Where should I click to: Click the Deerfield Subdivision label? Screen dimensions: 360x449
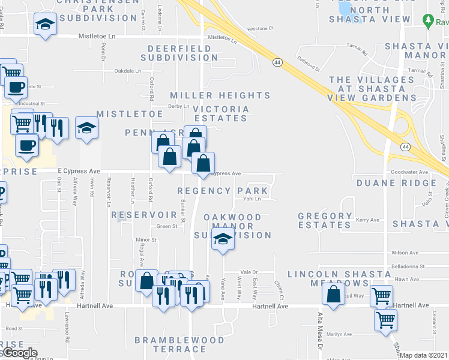click(x=179, y=52)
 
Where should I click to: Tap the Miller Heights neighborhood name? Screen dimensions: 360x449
click(x=220, y=95)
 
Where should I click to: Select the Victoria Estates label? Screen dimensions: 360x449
click(x=221, y=113)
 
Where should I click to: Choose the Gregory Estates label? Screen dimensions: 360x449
click(x=325, y=220)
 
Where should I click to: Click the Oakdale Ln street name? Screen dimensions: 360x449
click(x=127, y=70)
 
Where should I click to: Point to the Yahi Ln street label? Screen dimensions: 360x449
click(x=252, y=199)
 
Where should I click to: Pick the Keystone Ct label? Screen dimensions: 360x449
click(x=261, y=28)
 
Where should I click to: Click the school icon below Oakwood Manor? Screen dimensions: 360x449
click(x=223, y=240)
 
